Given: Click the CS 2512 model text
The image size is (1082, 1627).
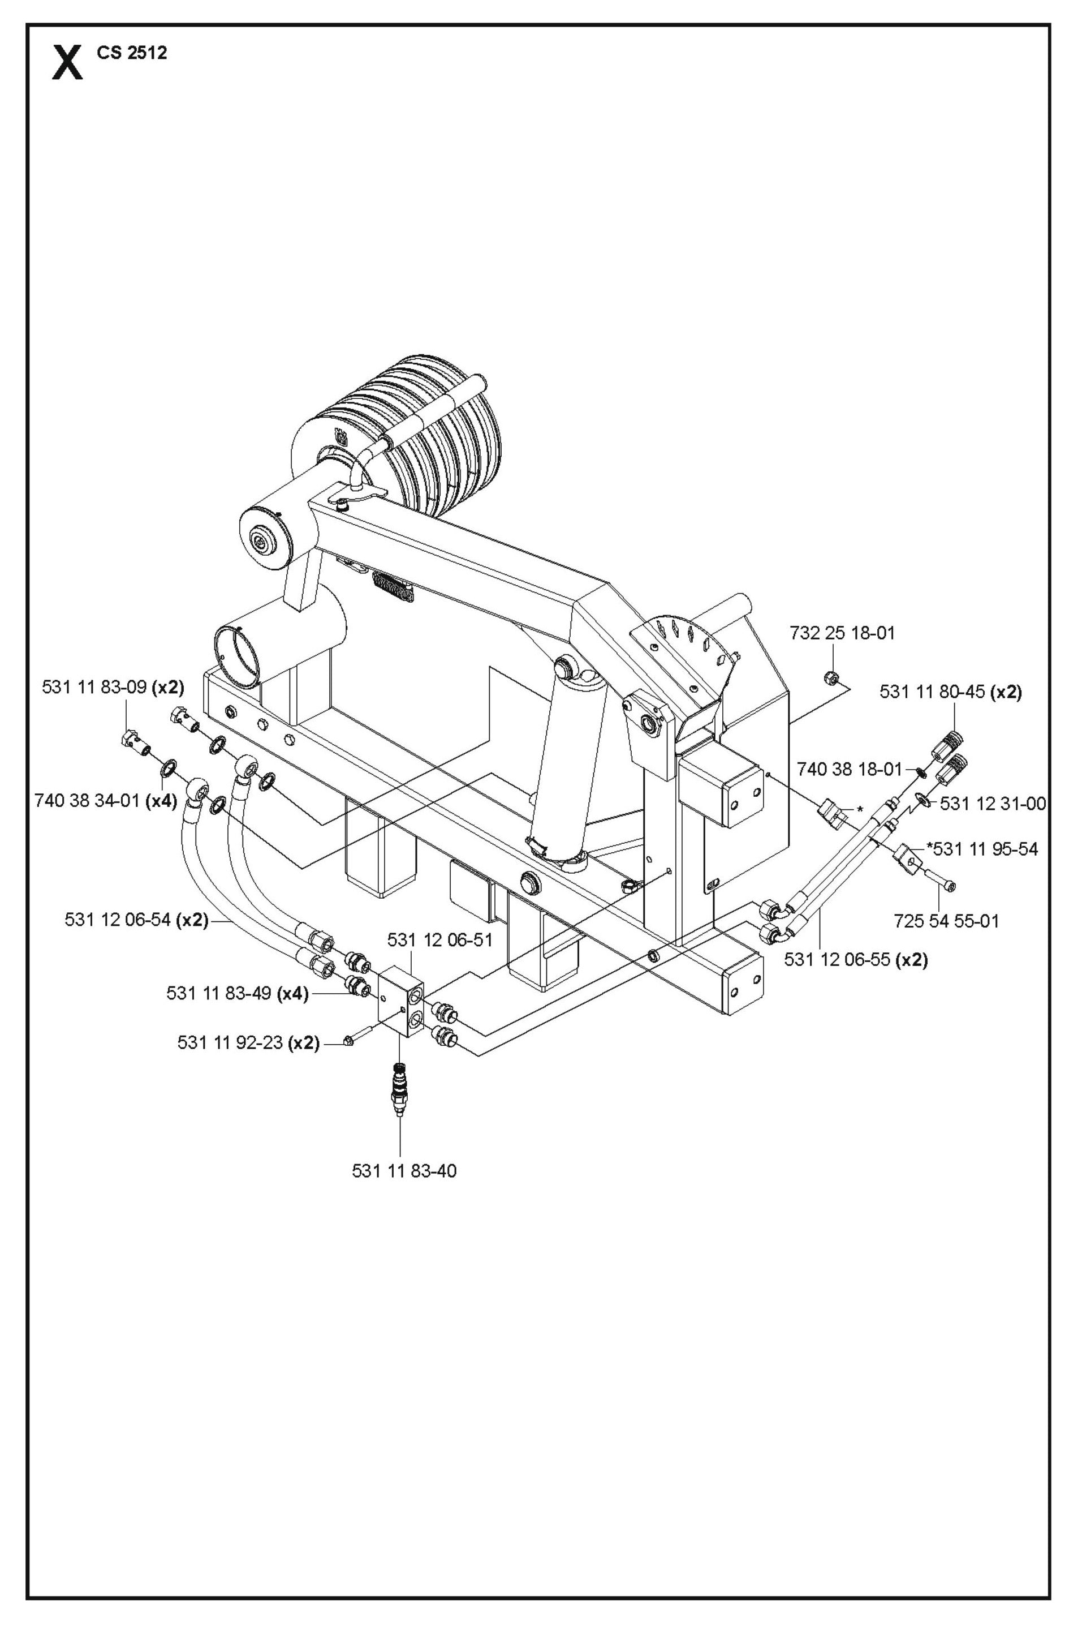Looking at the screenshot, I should pos(132,53).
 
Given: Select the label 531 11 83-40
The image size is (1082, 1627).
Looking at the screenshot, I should pos(404,1171).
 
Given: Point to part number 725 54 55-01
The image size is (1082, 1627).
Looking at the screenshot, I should pos(946,921).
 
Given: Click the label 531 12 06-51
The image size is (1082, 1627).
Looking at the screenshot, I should pos(439,939).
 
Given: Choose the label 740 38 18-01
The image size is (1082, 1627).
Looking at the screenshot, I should pos(850,769).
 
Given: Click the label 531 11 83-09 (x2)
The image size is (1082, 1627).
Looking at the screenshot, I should pos(113,687).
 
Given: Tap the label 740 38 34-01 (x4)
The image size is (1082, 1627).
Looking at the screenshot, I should pos(106,800).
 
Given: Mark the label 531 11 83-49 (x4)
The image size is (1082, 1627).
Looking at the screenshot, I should pos(236,993).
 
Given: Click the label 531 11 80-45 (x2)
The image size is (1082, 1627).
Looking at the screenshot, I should pos(950,692).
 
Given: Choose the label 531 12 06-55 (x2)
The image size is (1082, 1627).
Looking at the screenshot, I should pos(856,959).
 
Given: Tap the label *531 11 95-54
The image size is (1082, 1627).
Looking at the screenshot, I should pos(982,848).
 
